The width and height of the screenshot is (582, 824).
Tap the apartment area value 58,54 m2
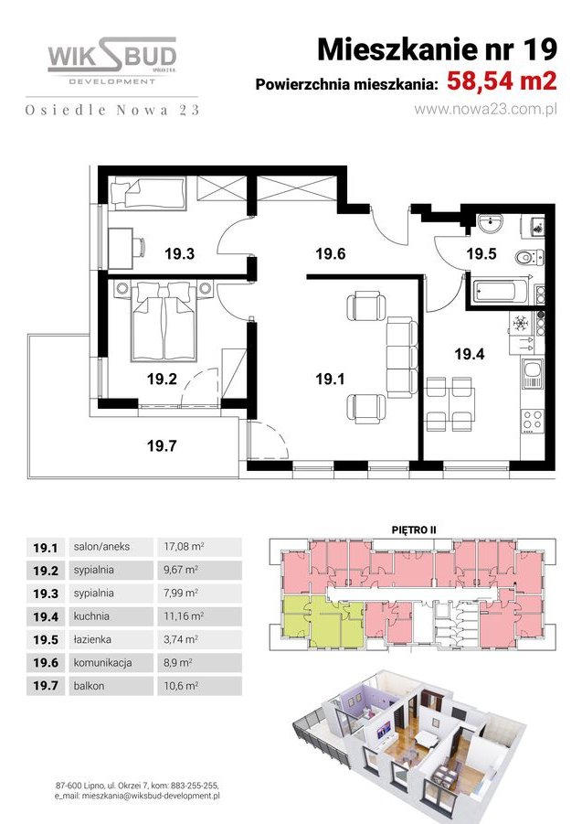pyautogui.click(x=502, y=82)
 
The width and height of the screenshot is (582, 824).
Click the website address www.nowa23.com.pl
pyautogui.click(x=485, y=108)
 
